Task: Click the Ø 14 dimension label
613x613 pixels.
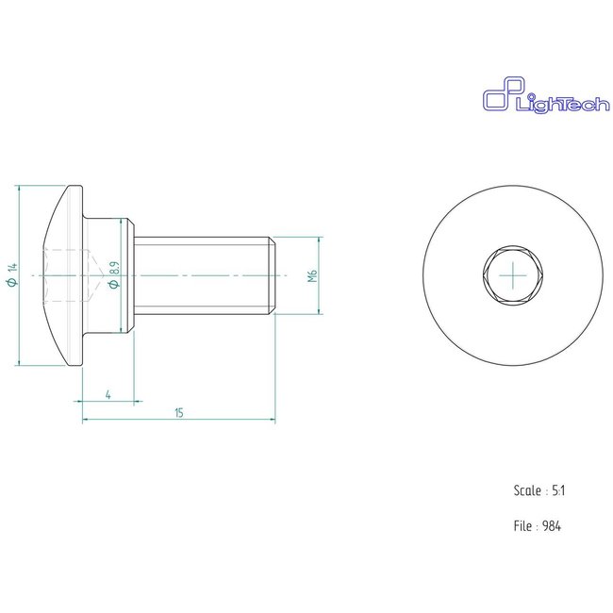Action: coord(12,275)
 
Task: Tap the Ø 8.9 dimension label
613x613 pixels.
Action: coord(114,274)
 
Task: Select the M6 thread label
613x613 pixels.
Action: coord(312,275)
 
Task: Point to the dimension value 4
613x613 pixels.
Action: coord(109,394)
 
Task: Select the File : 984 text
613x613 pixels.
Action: coord(538,527)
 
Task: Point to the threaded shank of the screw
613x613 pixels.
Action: coord(203,274)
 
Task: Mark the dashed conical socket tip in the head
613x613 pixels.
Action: coord(94,274)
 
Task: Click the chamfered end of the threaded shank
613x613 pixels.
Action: coord(273,274)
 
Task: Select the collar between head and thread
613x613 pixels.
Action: coord(128,274)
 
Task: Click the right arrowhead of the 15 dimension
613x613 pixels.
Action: coord(272,420)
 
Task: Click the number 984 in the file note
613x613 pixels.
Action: coord(553,527)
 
